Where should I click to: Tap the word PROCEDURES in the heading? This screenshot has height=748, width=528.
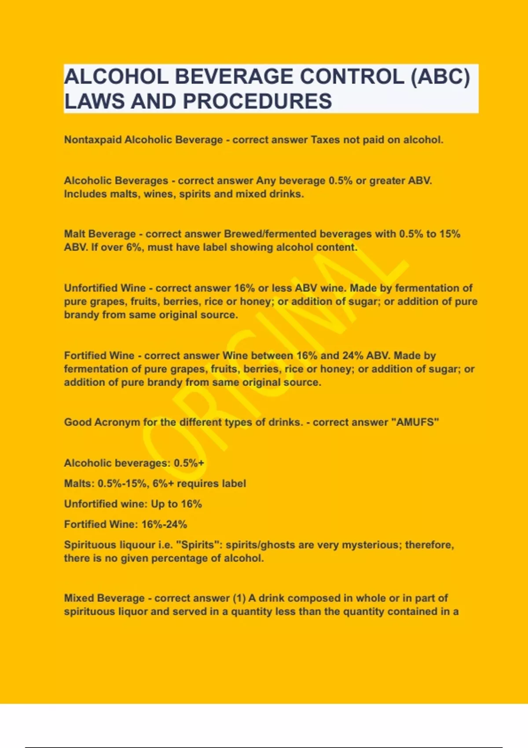(x=257, y=102)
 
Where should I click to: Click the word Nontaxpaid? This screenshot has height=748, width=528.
(x=93, y=140)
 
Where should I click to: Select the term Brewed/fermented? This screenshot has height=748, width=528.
(x=270, y=234)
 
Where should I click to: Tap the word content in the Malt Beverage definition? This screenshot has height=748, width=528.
(x=337, y=247)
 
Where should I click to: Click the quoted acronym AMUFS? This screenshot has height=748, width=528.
(x=415, y=422)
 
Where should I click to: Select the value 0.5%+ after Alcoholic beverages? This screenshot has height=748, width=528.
(x=189, y=463)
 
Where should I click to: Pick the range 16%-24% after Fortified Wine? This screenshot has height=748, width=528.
(x=164, y=524)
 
